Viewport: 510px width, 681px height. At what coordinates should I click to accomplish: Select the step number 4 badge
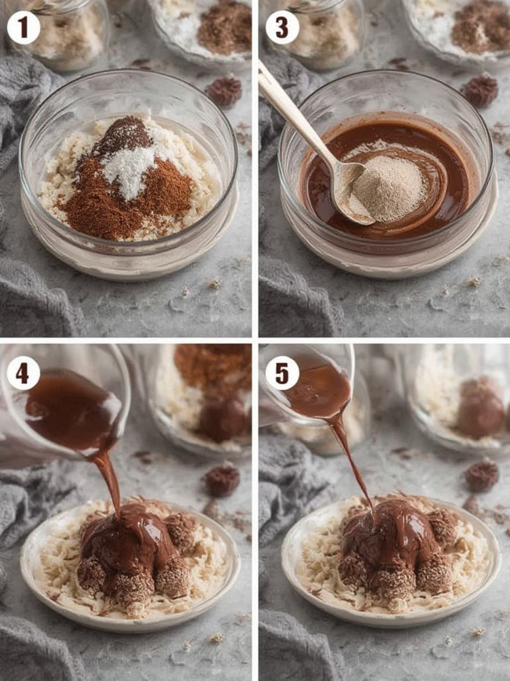click(24, 374)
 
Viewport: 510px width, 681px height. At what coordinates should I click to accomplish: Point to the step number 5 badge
click(282, 374)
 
